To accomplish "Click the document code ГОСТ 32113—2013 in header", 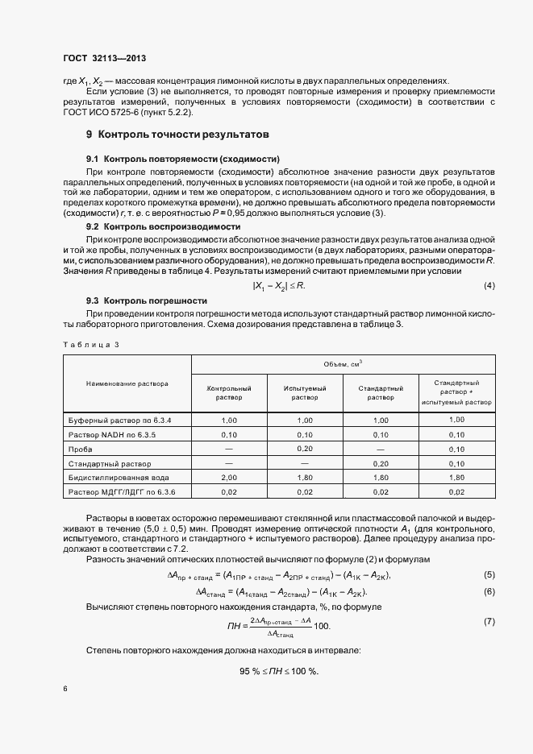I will (104, 58).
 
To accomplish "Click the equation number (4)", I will (489, 287).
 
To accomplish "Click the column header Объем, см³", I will (343, 365).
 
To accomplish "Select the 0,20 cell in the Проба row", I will (304, 449).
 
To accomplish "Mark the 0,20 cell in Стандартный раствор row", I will (381, 464).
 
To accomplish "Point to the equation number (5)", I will (489, 574).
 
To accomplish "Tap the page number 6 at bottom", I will (65, 689).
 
